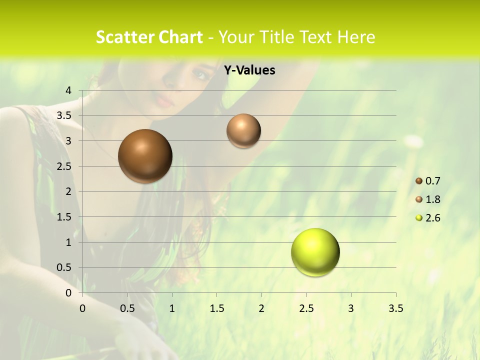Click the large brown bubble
145,156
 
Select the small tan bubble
243,130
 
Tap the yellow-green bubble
315,252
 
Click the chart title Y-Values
249,70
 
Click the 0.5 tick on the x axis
127,308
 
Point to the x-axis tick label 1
172,308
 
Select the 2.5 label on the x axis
306,308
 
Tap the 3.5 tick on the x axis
395,308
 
